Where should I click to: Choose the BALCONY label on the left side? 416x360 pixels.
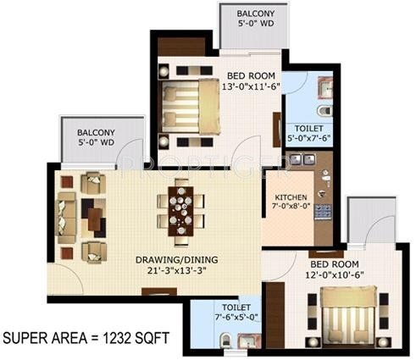[x=96, y=133]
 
